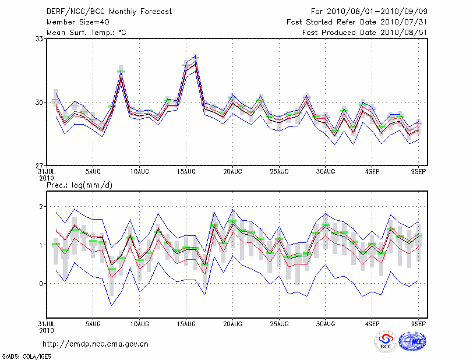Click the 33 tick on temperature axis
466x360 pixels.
(x=40, y=38)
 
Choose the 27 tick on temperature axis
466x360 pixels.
(x=40, y=165)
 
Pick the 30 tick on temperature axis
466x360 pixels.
(x=40, y=102)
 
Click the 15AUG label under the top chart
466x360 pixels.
(x=186, y=172)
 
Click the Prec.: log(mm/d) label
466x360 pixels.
(x=80, y=185)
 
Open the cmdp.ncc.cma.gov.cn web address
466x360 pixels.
(x=96, y=344)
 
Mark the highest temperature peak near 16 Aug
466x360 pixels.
(x=196, y=57)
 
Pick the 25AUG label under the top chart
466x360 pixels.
(x=279, y=172)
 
